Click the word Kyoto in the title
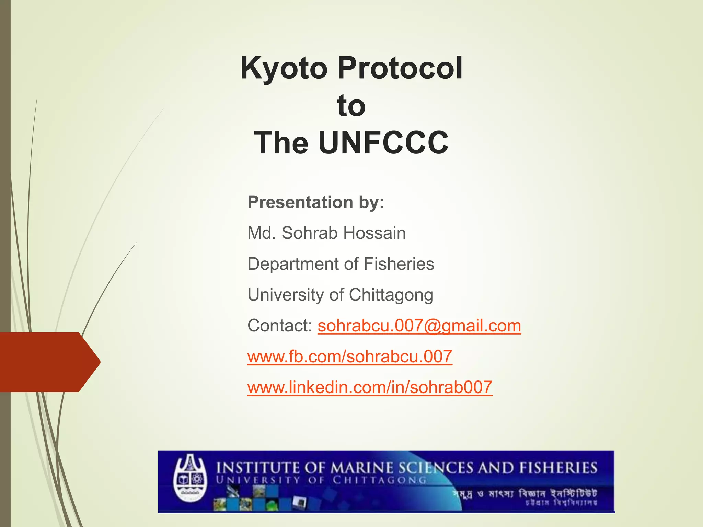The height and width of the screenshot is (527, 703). click(x=284, y=68)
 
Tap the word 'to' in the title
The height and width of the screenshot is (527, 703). click(x=351, y=106)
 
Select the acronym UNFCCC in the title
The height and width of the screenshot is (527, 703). click(x=383, y=143)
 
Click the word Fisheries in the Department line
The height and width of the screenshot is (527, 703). click(x=399, y=264)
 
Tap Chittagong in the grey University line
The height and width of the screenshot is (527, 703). click(x=391, y=295)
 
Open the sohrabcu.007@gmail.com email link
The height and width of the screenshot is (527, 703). click(x=419, y=326)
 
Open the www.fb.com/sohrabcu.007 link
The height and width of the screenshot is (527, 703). click(x=350, y=356)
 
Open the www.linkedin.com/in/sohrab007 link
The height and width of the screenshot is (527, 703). click(x=370, y=387)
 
